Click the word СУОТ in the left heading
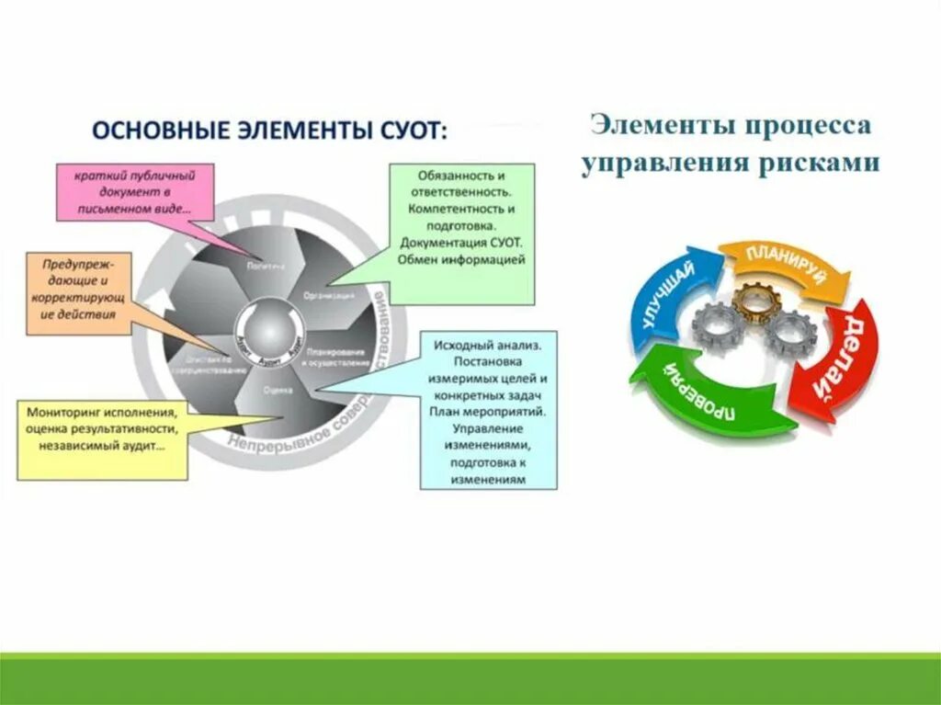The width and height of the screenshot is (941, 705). point(409,131)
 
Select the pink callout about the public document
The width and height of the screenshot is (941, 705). point(135,192)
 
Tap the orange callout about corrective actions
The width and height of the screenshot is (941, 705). point(78,289)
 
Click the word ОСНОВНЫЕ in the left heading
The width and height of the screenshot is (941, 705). point(145,131)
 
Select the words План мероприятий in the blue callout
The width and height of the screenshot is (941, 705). point(489,412)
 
